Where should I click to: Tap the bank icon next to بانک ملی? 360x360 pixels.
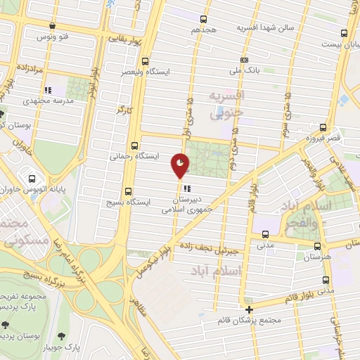point(244,60)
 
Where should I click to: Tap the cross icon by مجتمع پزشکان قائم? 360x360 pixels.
point(250,309)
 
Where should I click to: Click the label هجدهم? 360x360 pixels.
point(204,30)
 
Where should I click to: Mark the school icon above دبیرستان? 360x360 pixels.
point(181,188)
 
